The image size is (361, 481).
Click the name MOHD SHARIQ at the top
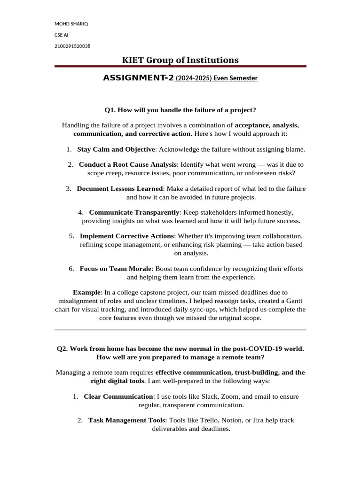[71, 24]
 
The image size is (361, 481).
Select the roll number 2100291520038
[73, 46]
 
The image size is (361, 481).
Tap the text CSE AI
[62, 35]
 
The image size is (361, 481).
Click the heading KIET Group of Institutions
[180, 60]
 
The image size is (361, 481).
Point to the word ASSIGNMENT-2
[138, 78]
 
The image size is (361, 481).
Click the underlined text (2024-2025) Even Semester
[216, 78]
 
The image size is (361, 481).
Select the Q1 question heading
[180, 110]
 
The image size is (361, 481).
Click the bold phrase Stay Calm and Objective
[116, 149]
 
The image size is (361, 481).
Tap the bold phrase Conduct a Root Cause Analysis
[128, 164]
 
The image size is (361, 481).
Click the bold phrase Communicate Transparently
[134, 212]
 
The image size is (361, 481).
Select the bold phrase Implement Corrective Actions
[127, 236]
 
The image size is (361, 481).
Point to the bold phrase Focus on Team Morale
[116, 269]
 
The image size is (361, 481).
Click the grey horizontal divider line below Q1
[180, 330]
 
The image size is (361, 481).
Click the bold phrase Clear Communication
[118, 396]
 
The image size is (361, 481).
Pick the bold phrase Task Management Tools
[126, 420]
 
